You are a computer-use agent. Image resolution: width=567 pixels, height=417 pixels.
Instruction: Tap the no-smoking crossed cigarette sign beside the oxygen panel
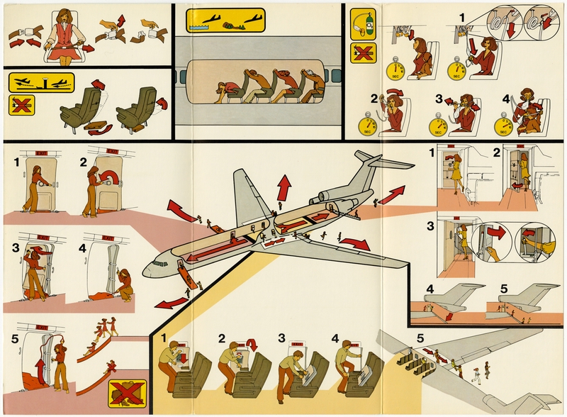pos(363,52)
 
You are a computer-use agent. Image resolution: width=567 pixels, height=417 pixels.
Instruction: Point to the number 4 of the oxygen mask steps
pos(506,99)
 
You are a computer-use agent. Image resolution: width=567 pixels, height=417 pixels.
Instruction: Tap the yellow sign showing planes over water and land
pos(225,21)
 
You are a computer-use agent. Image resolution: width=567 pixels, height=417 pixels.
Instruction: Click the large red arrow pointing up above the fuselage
pos(284,188)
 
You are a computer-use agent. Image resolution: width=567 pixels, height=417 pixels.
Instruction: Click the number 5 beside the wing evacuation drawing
pos(420,338)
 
